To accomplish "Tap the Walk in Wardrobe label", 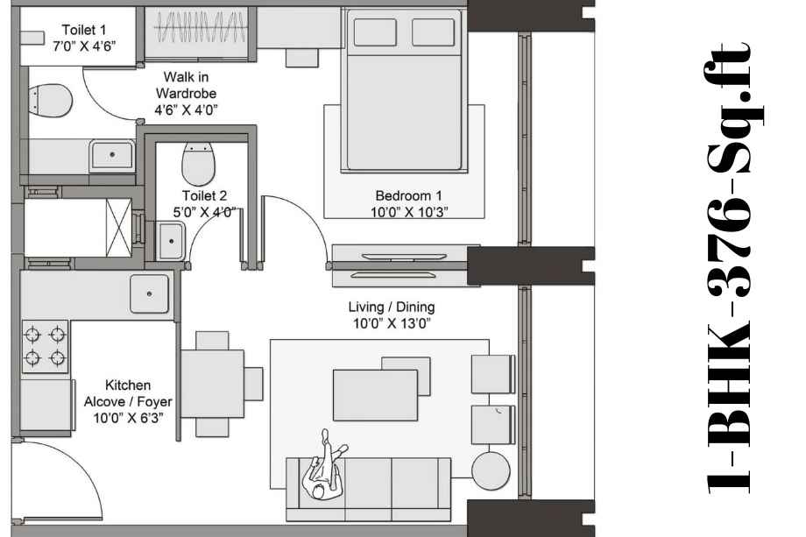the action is coord(186,93).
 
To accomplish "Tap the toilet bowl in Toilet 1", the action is coord(50,100).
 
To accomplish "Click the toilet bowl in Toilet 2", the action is coord(198,164).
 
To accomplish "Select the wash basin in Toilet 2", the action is coord(170,241).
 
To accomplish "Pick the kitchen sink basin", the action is coord(149,293).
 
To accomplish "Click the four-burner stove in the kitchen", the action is coord(46,346).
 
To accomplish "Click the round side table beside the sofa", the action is coord(491,470).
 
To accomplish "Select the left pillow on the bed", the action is coord(375,32).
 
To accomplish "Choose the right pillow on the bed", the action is coord(434,32).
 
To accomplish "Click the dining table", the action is coord(212,384).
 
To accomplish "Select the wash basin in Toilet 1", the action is coord(111,156).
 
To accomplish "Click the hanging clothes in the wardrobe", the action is coord(200,27).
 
